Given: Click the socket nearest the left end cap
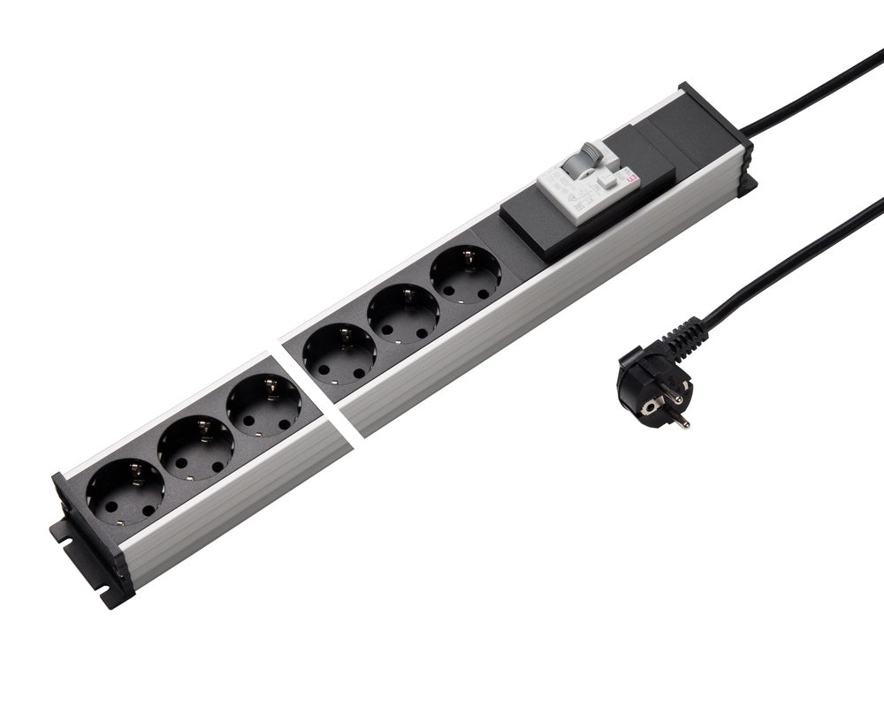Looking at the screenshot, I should tap(126, 491).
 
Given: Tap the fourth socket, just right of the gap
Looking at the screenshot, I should tap(339, 357).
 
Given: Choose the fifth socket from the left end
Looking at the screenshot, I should tap(403, 316).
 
